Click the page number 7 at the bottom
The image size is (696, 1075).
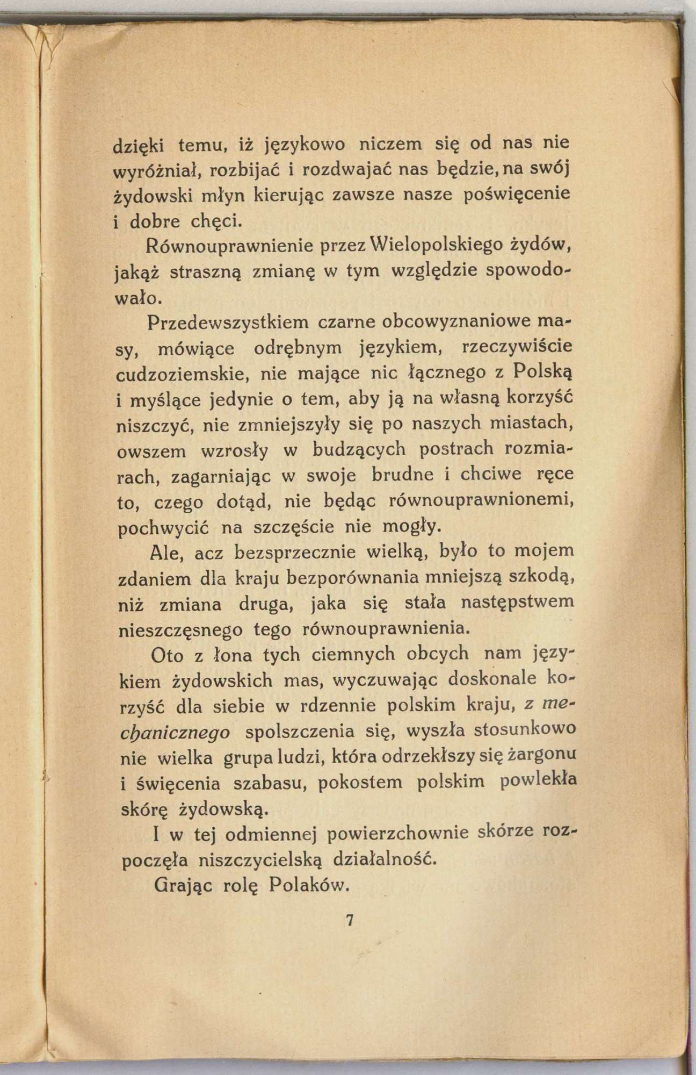point(349,920)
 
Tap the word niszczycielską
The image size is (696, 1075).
point(260,859)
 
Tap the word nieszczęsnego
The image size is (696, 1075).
point(179,629)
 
